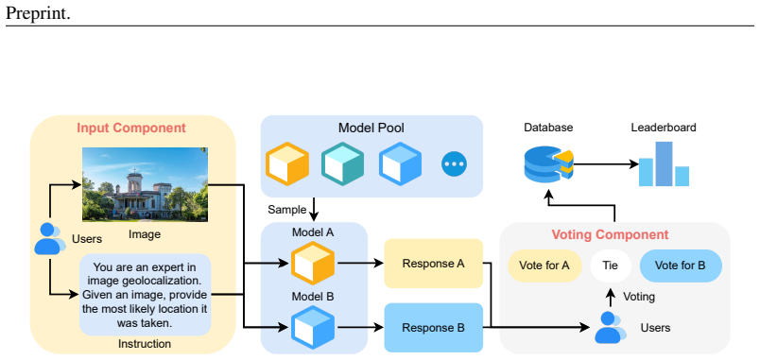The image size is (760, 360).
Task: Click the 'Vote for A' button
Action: pyautogui.click(x=544, y=266)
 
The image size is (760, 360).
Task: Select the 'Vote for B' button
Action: pyautogui.click(x=681, y=266)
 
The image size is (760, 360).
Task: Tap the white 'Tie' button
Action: pyautogui.click(x=611, y=266)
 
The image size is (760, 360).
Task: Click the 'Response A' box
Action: pyautogui.click(x=434, y=264)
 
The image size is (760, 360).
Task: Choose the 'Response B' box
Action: pyautogui.click(x=434, y=328)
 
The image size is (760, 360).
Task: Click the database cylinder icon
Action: pyautogui.click(x=548, y=163)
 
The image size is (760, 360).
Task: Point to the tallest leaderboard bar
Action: pyautogui.click(x=664, y=163)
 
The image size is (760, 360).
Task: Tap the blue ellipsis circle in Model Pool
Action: pyautogui.click(x=454, y=164)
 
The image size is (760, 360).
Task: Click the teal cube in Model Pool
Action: pyautogui.click(x=343, y=163)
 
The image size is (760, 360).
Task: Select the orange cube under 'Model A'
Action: pyautogui.click(x=313, y=263)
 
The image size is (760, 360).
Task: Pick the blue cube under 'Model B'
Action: pyautogui.click(x=313, y=327)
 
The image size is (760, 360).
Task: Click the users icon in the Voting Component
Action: pyautogui.click(x=611, y=328)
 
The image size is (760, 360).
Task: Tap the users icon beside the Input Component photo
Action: pyautogui.click(x=50, y=238)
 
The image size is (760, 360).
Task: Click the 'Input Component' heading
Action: pyautogui.click(x=131, y=128)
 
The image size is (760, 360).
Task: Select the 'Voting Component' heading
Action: pyautogui.click(x=610, y=235)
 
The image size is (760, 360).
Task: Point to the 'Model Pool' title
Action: pyautogui.click(x=371, y=128)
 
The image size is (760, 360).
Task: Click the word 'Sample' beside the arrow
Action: pyautogui.click(x=287, y=210)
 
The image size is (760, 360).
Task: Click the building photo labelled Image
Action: pyautogui.click(x=145, y=184)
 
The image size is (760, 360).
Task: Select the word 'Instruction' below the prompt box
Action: pyautogui.click(x=145, y=344)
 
